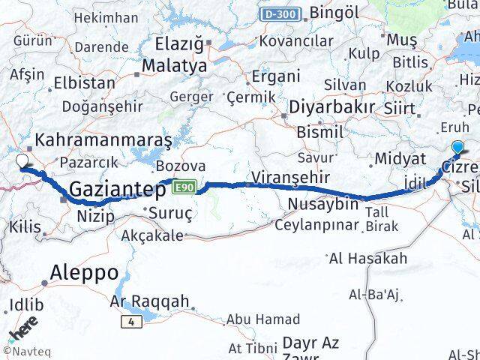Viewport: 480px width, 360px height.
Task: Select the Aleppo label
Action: [85, 271]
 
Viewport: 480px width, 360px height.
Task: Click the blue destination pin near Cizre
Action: [457, 148]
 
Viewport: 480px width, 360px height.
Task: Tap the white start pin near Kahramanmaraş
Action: [23, 160]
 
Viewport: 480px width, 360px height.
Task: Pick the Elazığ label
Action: [178, 43]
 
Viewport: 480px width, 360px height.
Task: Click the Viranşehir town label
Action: [280, 178]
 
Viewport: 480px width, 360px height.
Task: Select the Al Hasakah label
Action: [368, 259]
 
